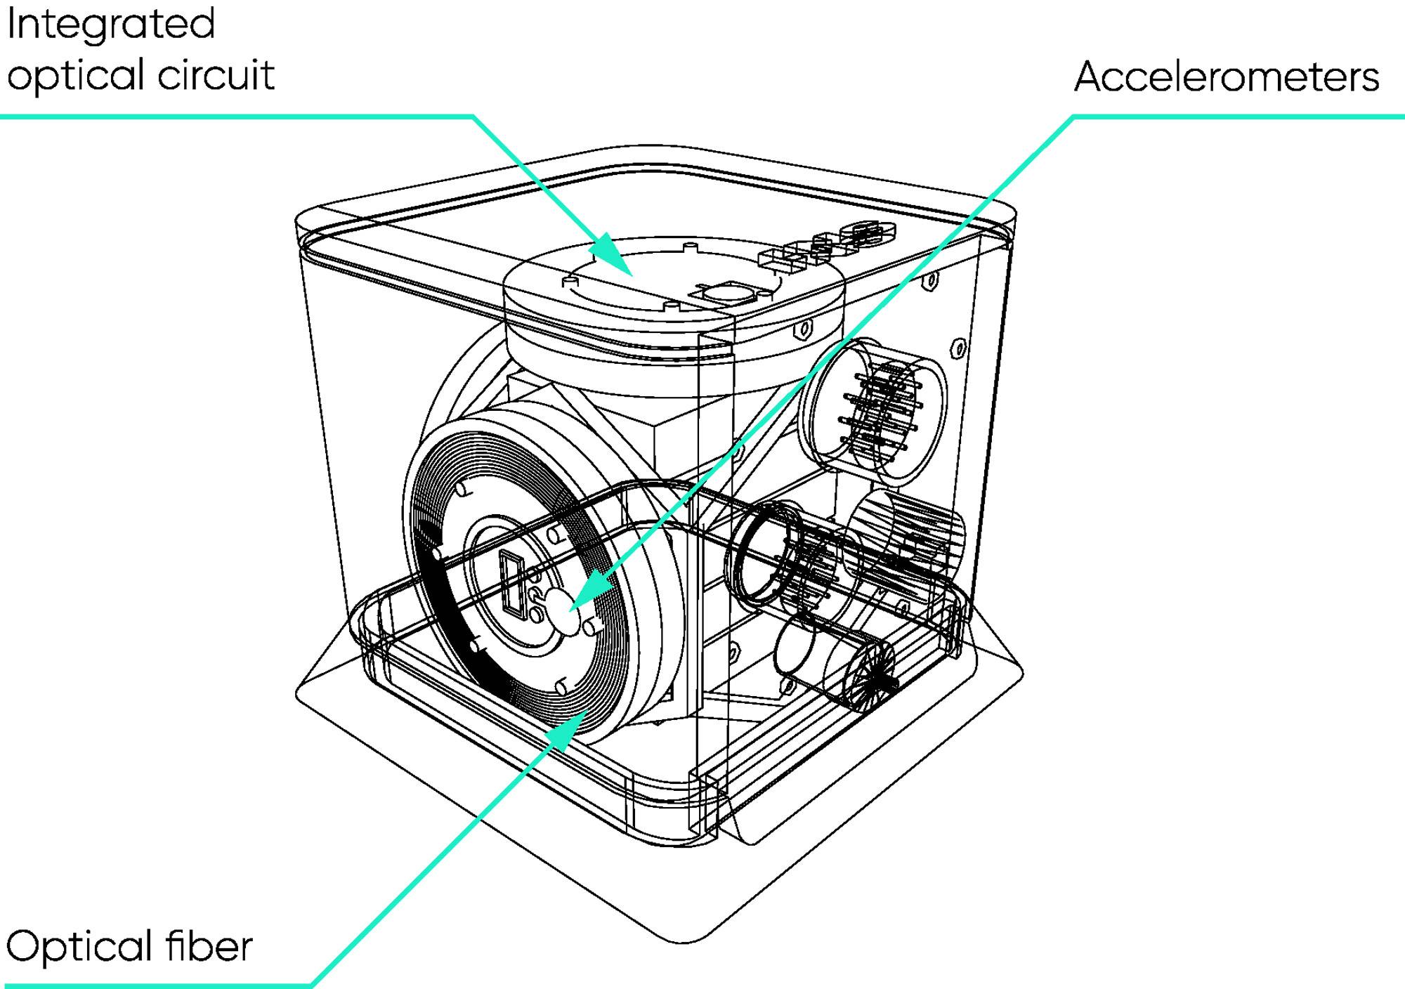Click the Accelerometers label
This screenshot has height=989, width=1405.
[1227, 77]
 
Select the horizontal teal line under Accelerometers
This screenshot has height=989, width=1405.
[1239, 116]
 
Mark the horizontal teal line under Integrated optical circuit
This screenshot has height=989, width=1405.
[237, 116]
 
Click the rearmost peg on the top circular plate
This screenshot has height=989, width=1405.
[691, 247]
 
